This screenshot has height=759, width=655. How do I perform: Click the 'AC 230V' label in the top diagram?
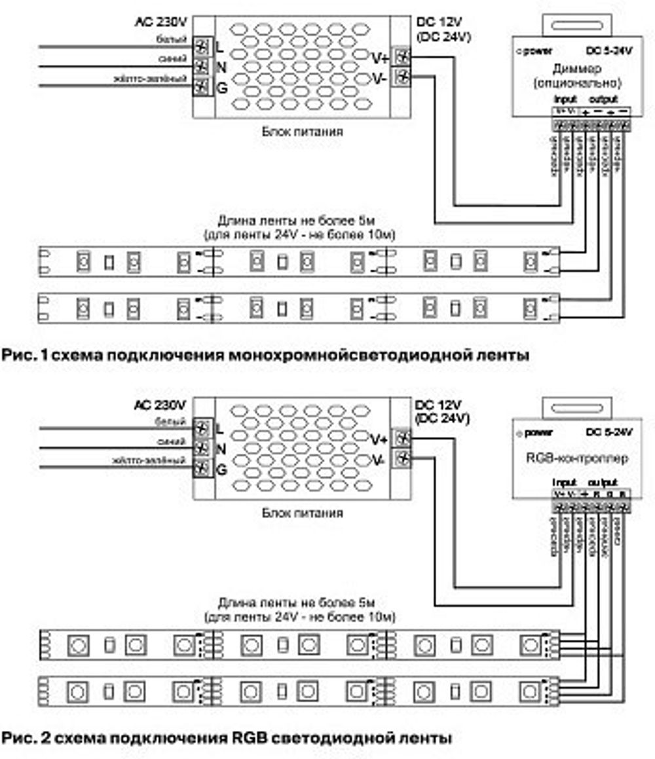tap(162, 22)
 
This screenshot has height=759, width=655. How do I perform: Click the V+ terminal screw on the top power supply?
tap(402, 58)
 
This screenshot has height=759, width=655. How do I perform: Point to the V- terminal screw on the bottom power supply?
tap(402, 458)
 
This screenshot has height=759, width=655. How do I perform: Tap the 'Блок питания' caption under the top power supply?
tap(302, 132)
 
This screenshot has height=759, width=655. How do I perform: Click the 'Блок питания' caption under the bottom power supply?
tap(302, 513)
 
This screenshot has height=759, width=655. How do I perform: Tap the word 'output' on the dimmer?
tap(603, 100)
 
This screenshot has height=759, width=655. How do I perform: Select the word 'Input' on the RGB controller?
tap(564, 482)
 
